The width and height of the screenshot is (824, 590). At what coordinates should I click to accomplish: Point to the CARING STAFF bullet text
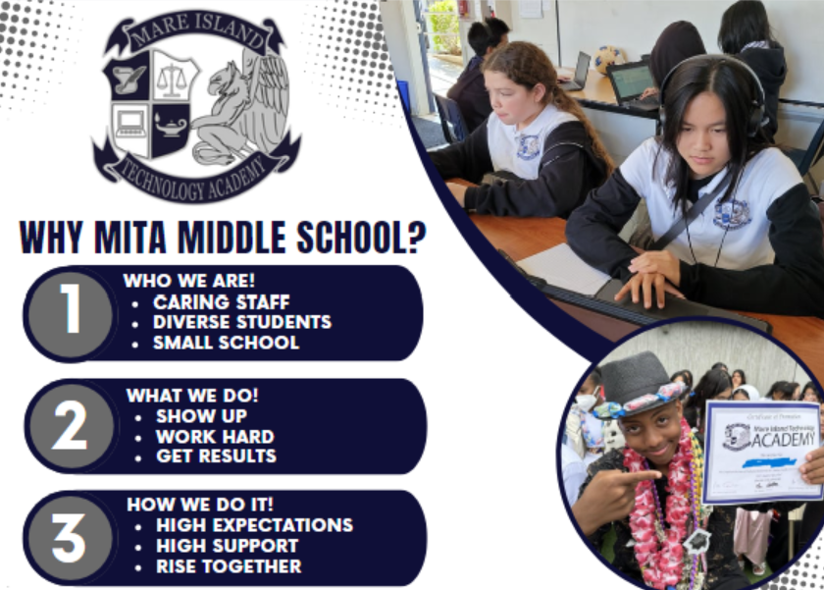[221, 301]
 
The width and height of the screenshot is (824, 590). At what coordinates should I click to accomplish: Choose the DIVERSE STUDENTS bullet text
[241, 322]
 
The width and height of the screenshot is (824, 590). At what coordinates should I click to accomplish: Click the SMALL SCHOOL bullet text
[226, 343]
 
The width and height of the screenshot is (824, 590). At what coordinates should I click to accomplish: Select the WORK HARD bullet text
[215, 436]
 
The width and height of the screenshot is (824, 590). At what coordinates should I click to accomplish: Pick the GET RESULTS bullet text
[216, 456]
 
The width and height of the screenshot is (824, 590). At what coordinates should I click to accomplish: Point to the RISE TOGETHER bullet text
[229, 566]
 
